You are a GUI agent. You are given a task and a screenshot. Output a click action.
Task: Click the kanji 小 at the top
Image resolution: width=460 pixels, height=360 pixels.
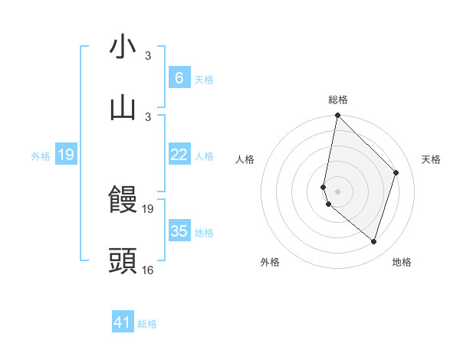point(123,47)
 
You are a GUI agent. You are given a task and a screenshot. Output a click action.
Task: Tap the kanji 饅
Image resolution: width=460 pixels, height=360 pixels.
point(123,200)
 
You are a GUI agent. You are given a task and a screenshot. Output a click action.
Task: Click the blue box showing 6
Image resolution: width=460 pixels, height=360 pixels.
point(179,78)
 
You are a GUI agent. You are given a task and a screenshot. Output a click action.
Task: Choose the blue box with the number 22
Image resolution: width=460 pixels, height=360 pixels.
point(179,155)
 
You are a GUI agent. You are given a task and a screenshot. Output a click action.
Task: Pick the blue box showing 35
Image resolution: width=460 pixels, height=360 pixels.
point(179,231)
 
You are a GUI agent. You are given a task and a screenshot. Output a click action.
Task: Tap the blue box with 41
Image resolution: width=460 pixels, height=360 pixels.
point(123,323)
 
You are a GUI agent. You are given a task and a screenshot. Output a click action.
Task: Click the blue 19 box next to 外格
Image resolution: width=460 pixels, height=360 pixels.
point(66,155)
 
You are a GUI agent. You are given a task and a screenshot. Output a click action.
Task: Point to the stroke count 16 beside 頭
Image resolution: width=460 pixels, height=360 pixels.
point(148,270)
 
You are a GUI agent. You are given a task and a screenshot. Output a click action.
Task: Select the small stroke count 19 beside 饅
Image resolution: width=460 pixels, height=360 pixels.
point(148,208)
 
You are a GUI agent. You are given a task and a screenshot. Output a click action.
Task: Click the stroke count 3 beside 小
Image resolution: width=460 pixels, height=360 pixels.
point(148,56)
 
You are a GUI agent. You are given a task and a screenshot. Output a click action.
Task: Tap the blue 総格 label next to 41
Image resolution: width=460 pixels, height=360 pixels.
point(147,324)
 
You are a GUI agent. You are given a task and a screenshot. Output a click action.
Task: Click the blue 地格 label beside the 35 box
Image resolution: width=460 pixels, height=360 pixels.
point(204,232)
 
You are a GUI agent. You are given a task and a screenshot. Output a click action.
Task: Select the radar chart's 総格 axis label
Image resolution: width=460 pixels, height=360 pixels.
point(338,100)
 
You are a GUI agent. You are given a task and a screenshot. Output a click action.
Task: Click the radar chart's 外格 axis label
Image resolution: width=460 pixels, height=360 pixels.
point(270,262)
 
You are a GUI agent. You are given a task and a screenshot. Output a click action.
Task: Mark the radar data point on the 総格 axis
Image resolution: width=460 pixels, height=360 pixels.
point(337,116)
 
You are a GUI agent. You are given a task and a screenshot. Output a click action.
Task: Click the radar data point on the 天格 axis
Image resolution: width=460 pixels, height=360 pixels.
point(396,172)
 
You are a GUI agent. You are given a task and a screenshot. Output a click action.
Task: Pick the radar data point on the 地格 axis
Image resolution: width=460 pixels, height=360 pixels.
point(373,242)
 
